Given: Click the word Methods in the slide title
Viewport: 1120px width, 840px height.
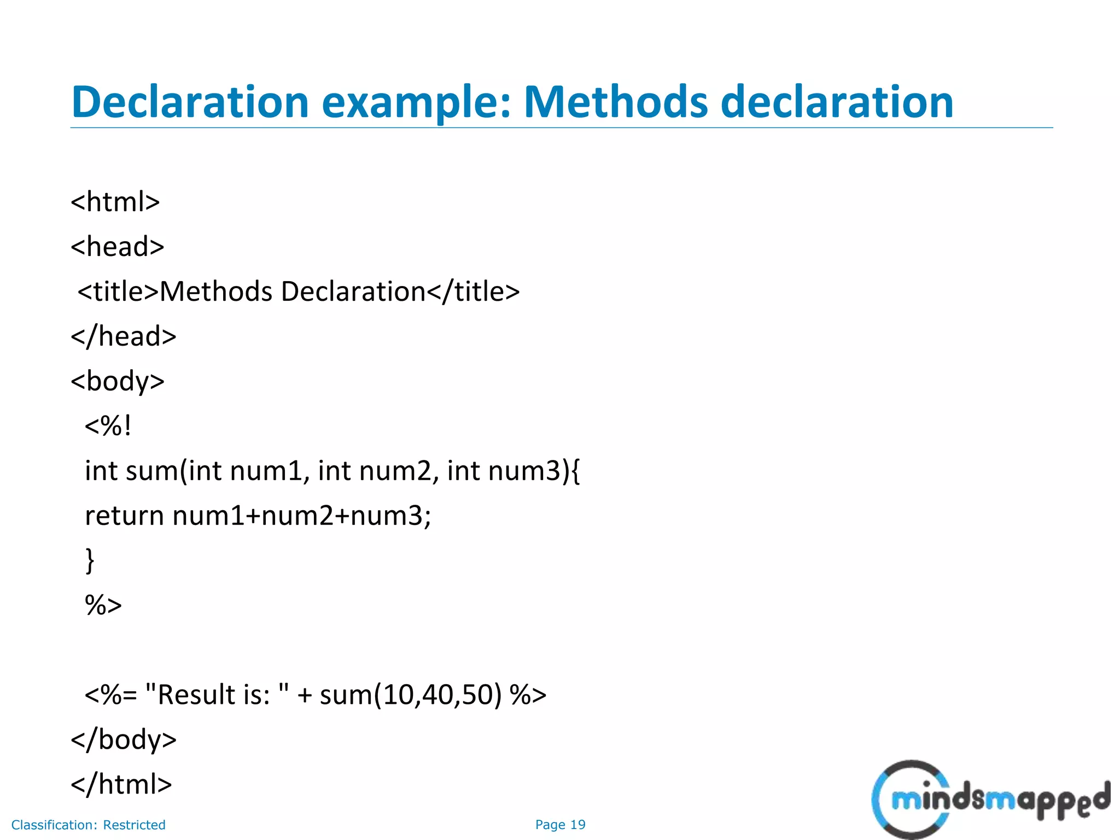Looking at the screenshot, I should click(616, 102).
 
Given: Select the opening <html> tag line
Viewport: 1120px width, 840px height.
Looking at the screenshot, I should click(115, 202).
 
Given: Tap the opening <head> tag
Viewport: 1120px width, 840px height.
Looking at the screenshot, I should click(118, 247).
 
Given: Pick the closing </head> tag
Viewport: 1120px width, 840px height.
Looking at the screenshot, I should click(124, 336).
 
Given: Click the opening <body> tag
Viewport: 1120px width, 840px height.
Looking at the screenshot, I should click(118, 381).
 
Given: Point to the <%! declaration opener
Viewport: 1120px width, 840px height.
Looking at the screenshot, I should click(108, 426).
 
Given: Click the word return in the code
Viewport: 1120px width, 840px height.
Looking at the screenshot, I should click(125, 516).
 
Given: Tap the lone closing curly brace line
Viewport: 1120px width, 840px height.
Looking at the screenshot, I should click(90, 561).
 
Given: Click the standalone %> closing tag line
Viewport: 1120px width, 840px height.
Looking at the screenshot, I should click(103, 605).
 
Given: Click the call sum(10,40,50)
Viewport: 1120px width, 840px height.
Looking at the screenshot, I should click(411, 695).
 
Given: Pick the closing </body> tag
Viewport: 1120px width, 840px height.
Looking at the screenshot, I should click(124, 740).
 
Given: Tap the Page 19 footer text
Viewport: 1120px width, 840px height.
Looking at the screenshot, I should click(560, 825).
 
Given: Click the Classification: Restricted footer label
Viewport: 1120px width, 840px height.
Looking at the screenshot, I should click(89, 825).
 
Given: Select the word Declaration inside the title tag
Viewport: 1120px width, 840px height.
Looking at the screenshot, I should click(353, 291).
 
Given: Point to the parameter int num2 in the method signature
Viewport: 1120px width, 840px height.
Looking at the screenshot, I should click(375, 471).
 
